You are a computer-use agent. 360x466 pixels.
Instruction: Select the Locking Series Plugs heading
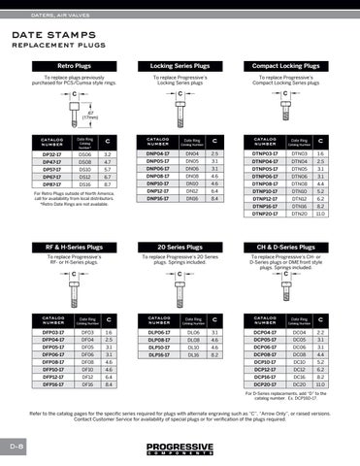pyautogui.click(x=181, y=65)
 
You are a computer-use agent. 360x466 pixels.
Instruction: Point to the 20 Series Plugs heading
pyautogui.click(x=181, y=248)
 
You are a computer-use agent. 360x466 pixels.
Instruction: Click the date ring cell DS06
pyautogui.click(x=84, y=153)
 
